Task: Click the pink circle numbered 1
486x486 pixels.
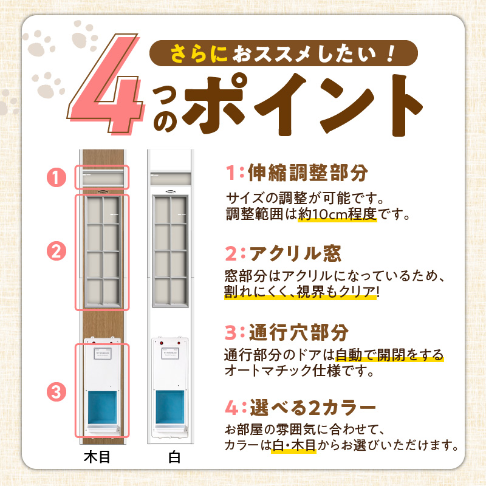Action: pyautogui.click(x=56, y=178)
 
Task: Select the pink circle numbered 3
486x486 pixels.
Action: pyautogui.click(x=56, y=392)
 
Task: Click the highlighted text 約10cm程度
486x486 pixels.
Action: pyautogui.click(x=338, y=214)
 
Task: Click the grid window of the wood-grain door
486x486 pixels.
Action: pyautogui.click(x=101, y=249)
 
